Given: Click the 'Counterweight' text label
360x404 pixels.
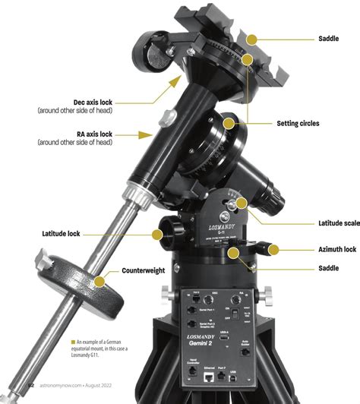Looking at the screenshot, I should (x=148, y=270).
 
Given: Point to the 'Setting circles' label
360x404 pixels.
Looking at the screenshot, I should (x=298, y=123).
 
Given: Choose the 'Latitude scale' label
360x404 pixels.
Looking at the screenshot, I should (x=327, y=223).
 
